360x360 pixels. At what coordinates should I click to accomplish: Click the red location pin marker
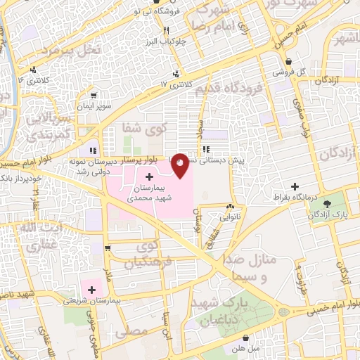tap(181, 165)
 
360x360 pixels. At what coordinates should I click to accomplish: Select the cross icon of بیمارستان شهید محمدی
tap(148, 174)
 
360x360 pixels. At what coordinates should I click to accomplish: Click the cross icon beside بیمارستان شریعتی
tap(91, 289)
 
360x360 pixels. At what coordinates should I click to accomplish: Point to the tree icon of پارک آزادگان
tap(326, 204)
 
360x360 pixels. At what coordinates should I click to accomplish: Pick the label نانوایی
tap(229, 217)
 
